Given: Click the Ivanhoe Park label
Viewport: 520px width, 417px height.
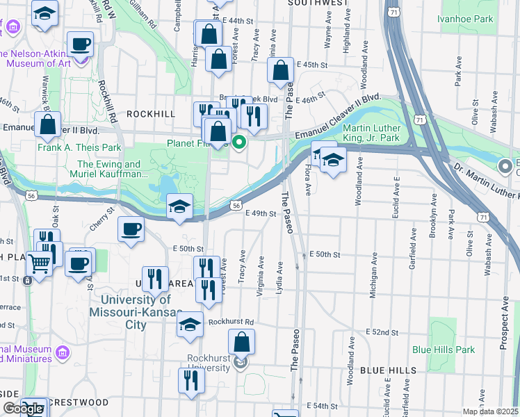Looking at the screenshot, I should click(465, 19).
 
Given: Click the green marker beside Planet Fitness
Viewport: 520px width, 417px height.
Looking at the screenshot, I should click(239, 143).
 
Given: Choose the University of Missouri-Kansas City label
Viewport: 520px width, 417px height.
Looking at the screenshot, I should click(135, 312).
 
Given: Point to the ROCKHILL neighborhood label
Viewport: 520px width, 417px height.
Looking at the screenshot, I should click(149, 113).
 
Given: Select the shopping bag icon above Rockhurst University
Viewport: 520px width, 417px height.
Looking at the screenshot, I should click(241, 341).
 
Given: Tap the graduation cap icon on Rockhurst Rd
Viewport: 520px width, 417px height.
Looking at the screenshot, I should click(190, 324).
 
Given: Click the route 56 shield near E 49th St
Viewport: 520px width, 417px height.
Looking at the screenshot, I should click(236, 206).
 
